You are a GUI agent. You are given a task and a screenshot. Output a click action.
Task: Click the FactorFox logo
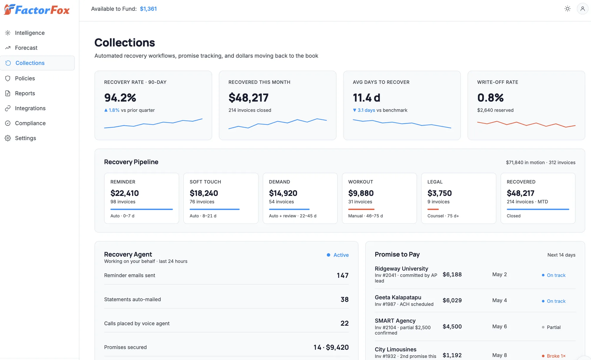pyautogui.click(x=37, y=9)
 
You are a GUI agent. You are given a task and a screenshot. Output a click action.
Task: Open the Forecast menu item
pyautogui.click(x=26, y=48)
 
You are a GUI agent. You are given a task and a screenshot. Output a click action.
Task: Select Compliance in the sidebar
pyautogui.click(x=30, y=123)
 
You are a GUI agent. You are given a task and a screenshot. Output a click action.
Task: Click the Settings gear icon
pyautogui.click(x=8, y=138)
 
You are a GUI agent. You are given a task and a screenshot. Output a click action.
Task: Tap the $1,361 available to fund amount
pyautogui.click(x=148, y=9)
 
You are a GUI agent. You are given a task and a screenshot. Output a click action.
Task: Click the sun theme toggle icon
pyautogui.click(x=567, y=9)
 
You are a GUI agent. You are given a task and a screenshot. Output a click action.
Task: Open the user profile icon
pyautogui.click(x=582, y=9)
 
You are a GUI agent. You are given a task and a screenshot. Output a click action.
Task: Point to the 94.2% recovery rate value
pyautogui.click(x=120, y=98)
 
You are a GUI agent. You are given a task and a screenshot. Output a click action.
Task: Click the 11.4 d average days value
pyautogui.click(x=366, y=98)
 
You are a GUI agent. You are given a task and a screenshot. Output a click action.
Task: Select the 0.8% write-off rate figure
pyautogui.click(x=490, y=98)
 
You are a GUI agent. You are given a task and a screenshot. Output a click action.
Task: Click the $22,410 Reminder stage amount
pyautogui.click(x=124, y=193)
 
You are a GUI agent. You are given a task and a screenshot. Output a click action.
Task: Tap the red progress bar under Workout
pyautogui.click(x=361, y=209)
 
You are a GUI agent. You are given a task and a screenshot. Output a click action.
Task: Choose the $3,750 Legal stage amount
pyautogui.click(x=439, y=193)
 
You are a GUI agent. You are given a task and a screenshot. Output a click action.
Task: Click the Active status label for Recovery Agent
pyautogui.click(x=341, y=255)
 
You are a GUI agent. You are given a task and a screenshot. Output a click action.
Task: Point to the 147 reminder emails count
pyautogui.click(x=342, y=275)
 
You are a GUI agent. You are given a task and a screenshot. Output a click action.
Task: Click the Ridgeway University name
pyautogui.click(x=401, y=269)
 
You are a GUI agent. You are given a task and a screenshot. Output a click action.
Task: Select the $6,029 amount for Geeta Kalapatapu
pyautogui.click(x=452, y=301)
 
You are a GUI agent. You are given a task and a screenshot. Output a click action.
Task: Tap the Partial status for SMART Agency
pyautogui.click(x=553, y=327)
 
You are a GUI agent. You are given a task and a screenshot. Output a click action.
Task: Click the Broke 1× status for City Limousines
pyautogui.click(x=556, y=356)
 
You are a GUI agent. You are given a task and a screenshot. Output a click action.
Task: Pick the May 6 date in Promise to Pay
pyautogui.click(x=499, y=327)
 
